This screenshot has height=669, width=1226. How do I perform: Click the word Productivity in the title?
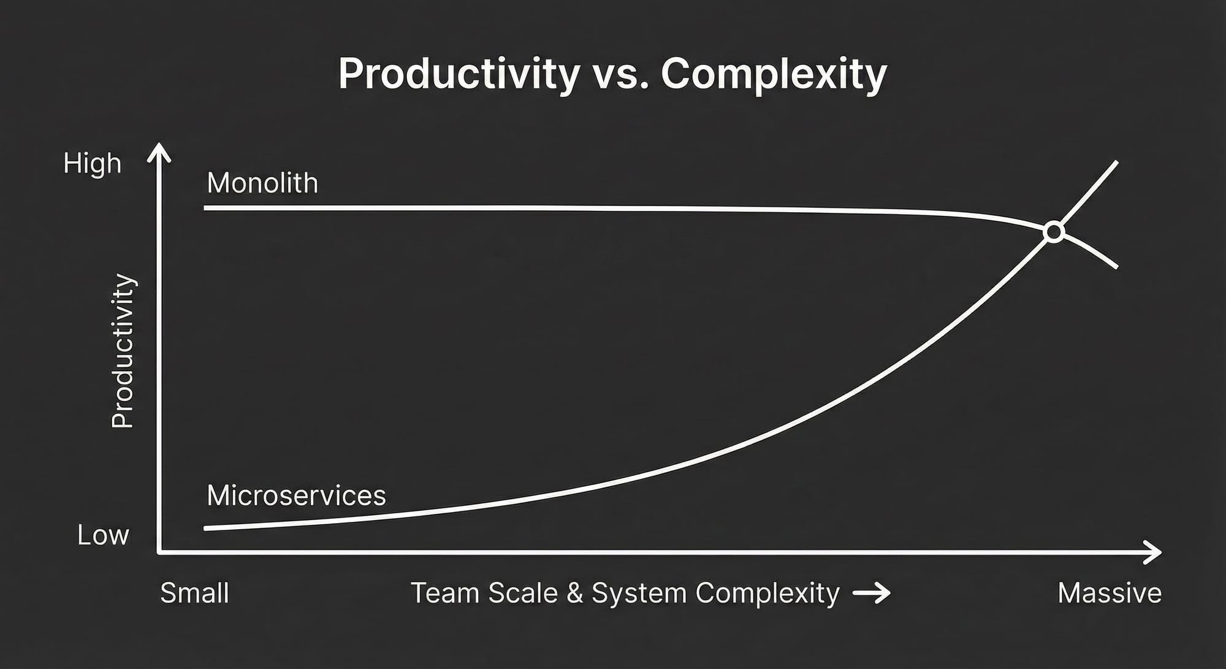tap(459, 75)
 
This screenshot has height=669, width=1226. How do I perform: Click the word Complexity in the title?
tap(774, 75)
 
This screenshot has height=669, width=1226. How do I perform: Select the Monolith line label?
tap(262, 183)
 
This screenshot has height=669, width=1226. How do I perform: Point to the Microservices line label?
tap(297, 495)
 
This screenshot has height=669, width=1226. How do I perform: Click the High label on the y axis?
tap(93, 164)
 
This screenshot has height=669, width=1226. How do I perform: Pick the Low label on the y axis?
tap(103, 535)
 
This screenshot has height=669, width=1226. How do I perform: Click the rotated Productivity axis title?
tap(123, 351)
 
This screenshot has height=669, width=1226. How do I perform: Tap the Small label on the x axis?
tap(194, 593)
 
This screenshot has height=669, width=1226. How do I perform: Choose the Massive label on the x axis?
tap(1110, 593)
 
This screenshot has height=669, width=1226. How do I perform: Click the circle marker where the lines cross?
tap(1054, 232)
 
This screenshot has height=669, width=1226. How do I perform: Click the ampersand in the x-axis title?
tap(574, 593)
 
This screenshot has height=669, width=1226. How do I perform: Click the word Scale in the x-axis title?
tap(524, 593)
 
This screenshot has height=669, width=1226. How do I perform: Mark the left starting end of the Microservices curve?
tap(205, 528)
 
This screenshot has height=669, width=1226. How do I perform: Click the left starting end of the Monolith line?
tap(205, 208)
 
